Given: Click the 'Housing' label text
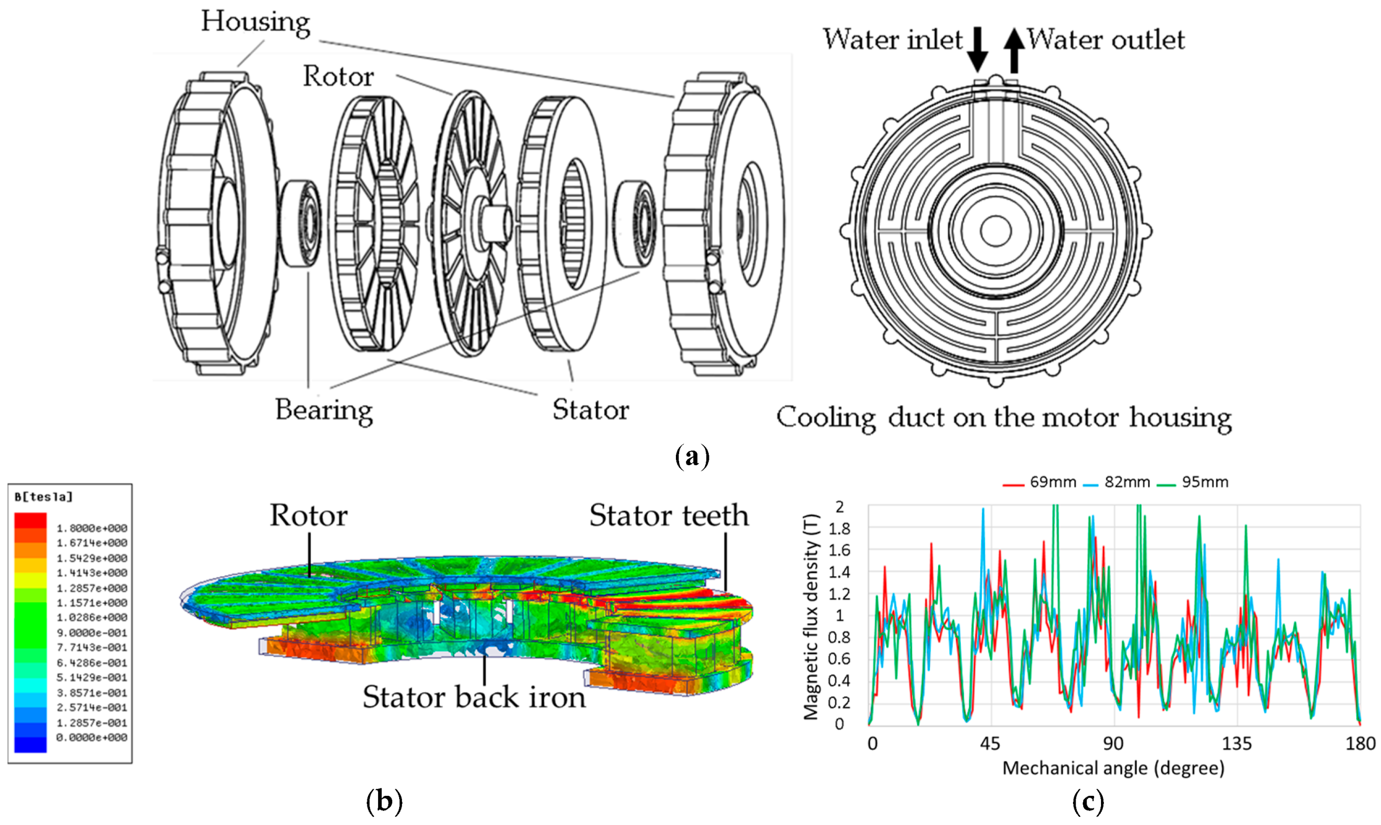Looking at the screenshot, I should [x=255, y=22].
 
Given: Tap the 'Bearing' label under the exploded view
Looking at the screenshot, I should [x=324, y=411].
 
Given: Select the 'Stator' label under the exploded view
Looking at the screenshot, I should [x=591, y=410].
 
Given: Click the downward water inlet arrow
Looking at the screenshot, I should [x=977, y=50].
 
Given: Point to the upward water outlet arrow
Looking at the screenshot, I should [x=1014, y=50].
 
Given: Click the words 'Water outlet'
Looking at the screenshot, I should [x=1106, y=40].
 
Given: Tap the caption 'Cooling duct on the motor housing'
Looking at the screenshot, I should [x=1004, y=418].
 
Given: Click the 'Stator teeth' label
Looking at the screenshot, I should [x=669, y=515].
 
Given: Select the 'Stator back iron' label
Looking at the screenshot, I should [x=474, y=697].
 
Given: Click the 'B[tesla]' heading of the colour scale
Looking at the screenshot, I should [x=43, y=497].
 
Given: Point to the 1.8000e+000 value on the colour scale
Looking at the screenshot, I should [x=92, y=528].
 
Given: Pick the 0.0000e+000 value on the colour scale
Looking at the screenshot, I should [x=92, y=738].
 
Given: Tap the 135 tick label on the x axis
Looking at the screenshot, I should [x=1236, y=744].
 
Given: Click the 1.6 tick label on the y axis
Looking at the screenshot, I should [x=839, y=550].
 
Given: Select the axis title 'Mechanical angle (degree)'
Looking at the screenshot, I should [x=1113, y=768].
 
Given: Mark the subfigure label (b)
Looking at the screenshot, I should [x=384, y=801].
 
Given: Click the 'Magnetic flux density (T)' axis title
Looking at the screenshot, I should [x=812, y=617].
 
